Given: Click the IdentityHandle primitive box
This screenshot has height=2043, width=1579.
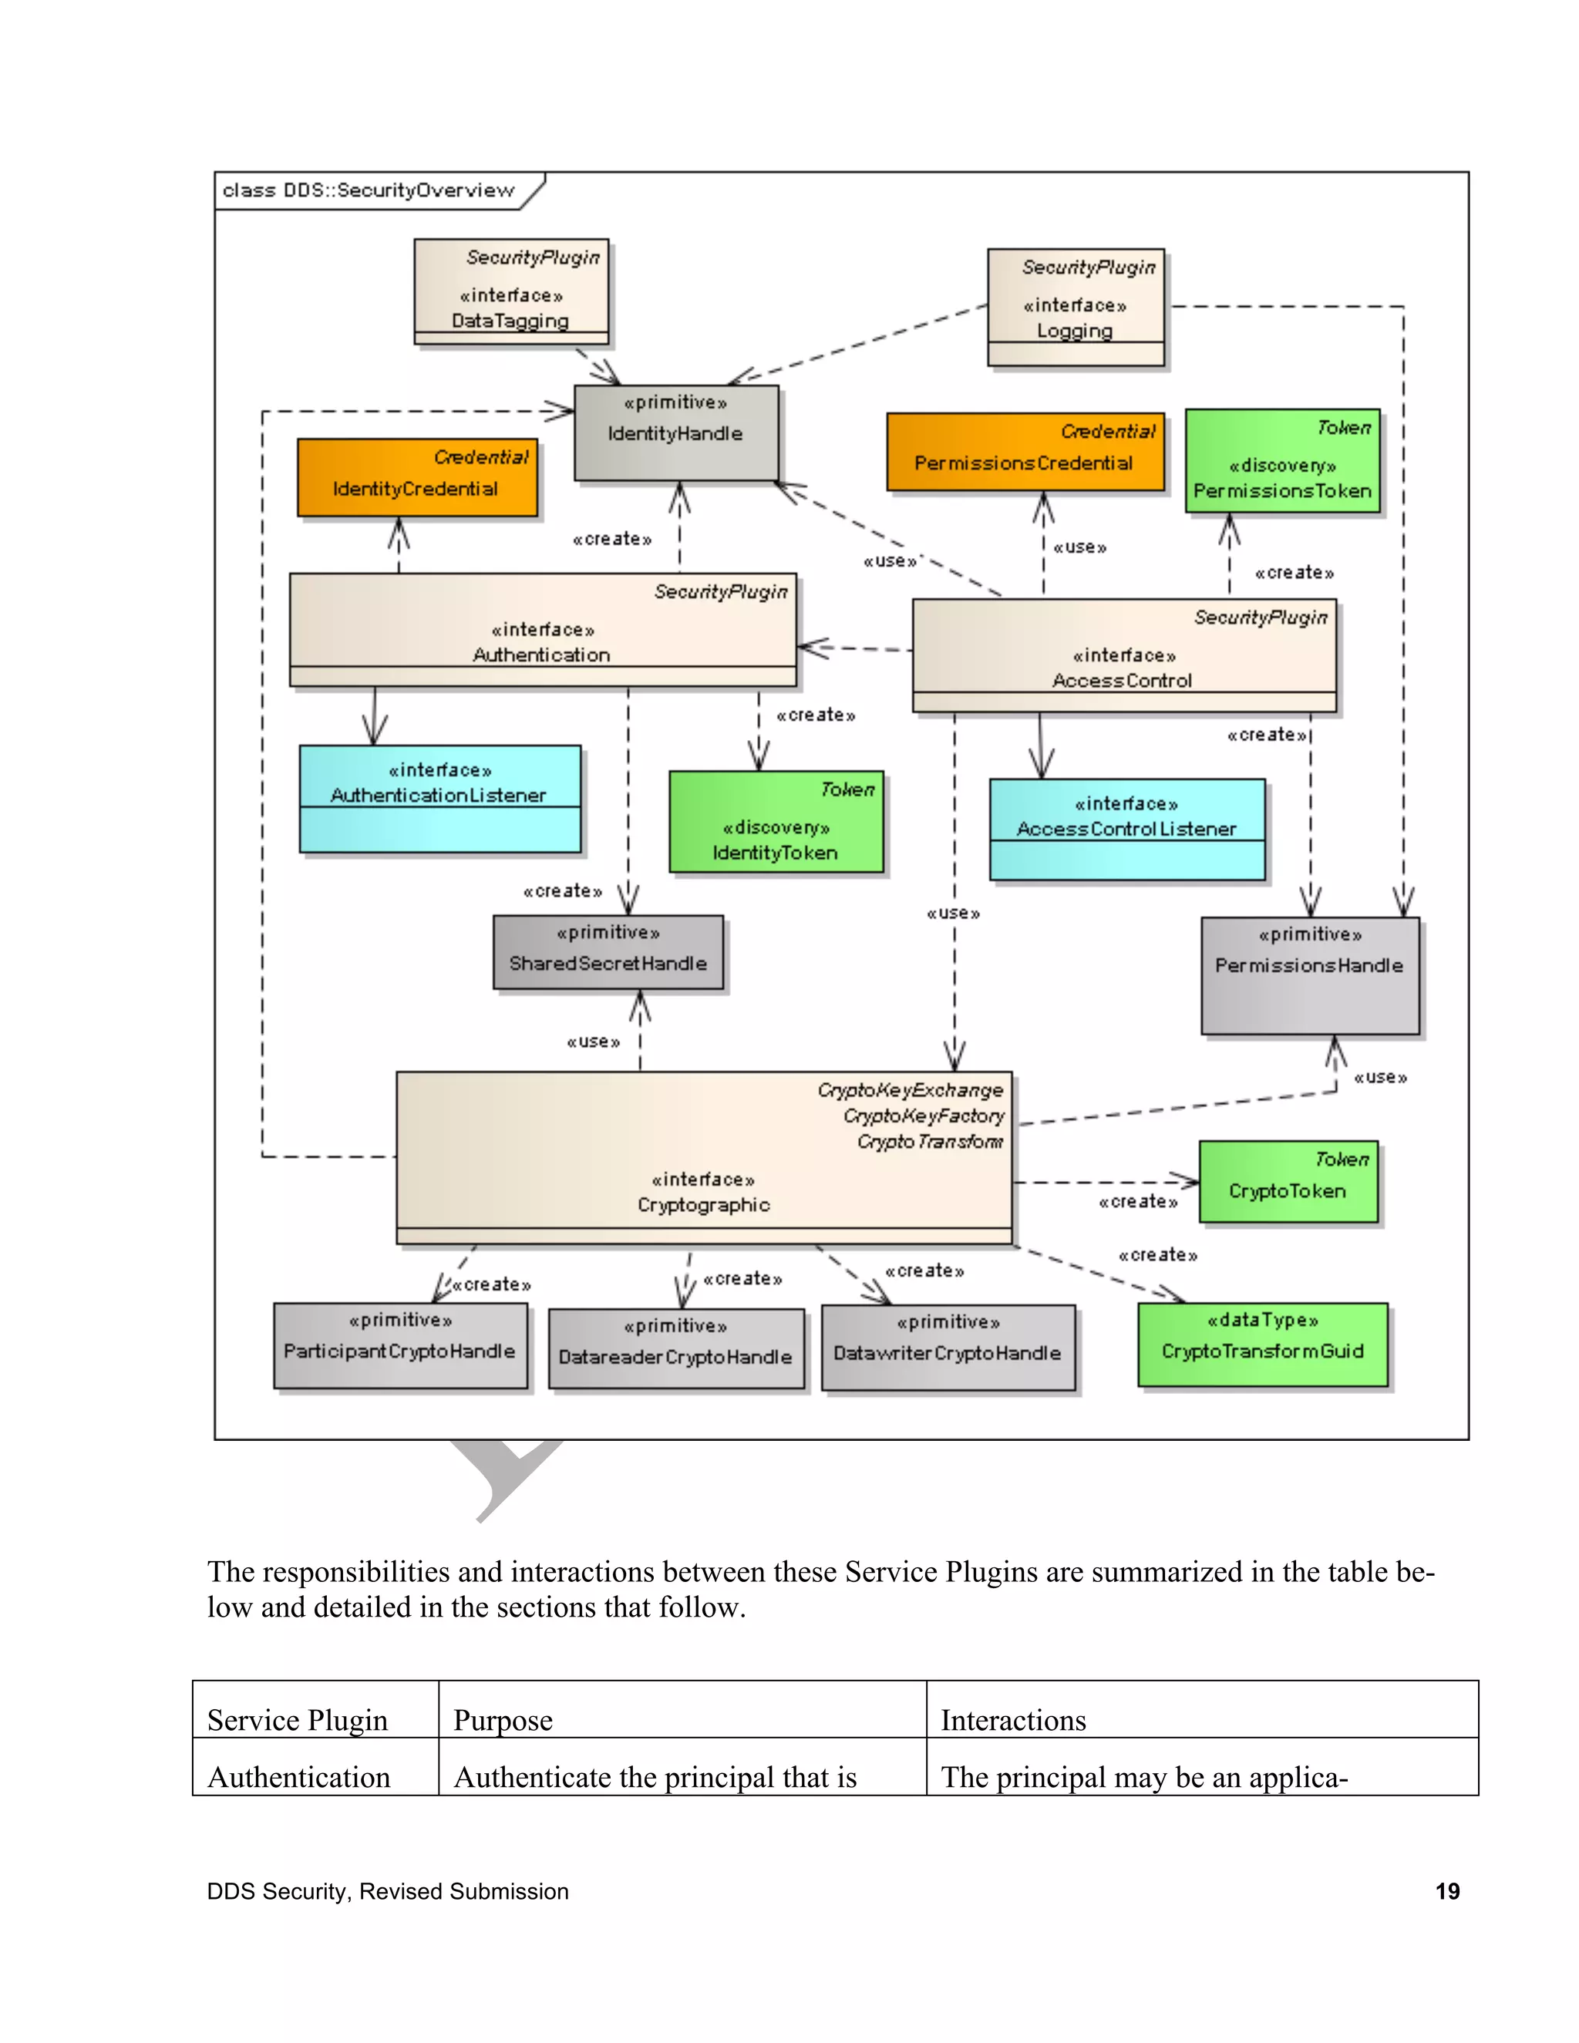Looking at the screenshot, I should point(675,432).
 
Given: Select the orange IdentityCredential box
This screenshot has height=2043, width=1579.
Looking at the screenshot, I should point(417,478).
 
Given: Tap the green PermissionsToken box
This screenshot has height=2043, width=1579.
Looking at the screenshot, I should point(1281,461).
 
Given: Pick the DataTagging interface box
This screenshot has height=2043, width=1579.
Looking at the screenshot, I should point(510,292).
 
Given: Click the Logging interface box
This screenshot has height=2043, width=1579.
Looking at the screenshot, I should point(1075,307).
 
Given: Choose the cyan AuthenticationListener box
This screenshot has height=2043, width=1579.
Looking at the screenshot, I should point(439,798).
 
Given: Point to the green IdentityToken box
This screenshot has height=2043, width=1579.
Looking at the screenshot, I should point(776,823).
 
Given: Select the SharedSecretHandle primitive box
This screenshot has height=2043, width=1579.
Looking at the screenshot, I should point(608,952).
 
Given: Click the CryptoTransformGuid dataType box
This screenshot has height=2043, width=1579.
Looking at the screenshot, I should point(1262,1345).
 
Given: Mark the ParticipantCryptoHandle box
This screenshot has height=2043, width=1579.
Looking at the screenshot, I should point(399,1345).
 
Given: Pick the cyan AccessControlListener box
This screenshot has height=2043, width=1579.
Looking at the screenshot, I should point(1126,829).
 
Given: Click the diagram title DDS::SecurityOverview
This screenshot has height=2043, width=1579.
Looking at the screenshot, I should point(369,190).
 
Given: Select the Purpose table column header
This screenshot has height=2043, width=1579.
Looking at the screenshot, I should point(503,1720).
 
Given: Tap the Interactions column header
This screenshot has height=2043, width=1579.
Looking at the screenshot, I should point(1013,1720).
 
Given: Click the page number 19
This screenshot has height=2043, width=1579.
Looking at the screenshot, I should point(1446,1891).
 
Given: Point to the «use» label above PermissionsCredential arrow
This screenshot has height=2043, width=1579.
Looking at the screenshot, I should point(1079,547).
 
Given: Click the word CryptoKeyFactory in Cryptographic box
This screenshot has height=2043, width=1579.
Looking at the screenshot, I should point(922,1116).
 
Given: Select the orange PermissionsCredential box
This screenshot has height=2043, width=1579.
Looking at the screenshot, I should point(1025,453).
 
